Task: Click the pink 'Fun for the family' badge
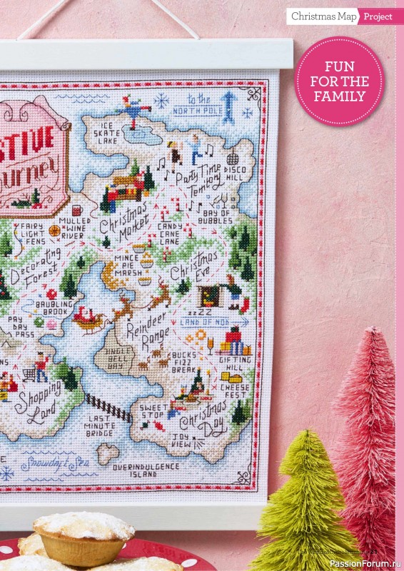(339, 81)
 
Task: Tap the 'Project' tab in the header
(377, 16)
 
